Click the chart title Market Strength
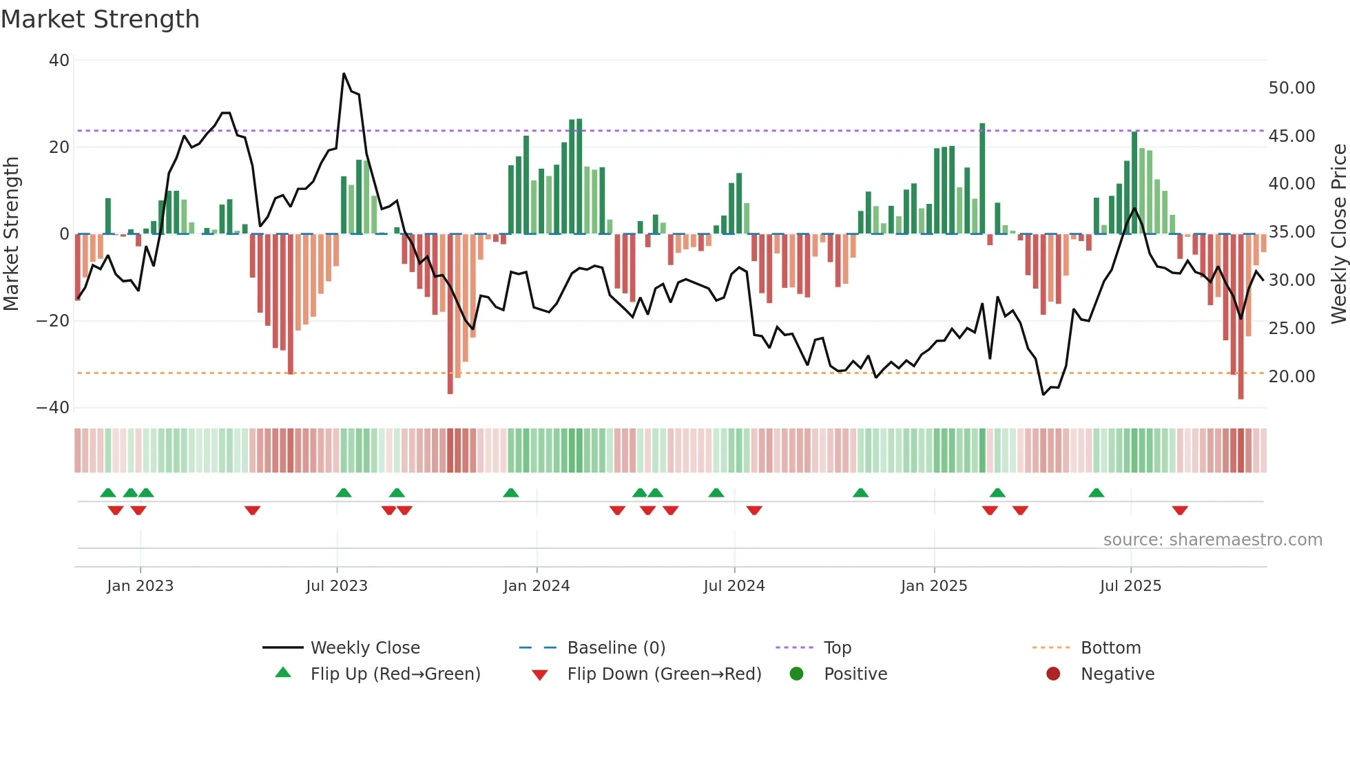point(101,19)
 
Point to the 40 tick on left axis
point(59,61)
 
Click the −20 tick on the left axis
point(53,321)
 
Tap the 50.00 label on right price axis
point(1291,88)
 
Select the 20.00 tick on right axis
point(1291,377)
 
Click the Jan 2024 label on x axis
point(537,586)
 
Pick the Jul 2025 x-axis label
point(1130,586)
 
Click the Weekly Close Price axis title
point(1338,233)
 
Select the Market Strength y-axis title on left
point(12,233)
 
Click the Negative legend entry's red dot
point(1053,674)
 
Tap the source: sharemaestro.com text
point(1212,540)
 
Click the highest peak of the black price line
point(344,74)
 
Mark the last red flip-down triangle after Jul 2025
point(1180,510)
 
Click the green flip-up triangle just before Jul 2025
point(1097,492)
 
